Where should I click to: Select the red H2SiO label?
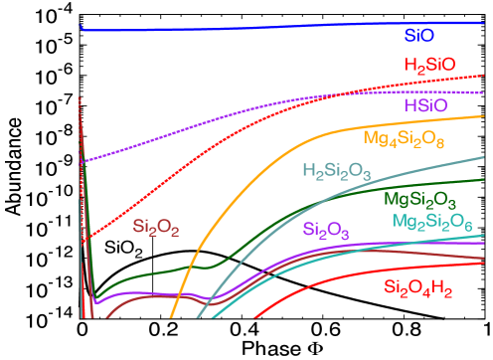coord(430,66)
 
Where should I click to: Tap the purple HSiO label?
coord(425,105)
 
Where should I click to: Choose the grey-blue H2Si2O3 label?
coord(337,171)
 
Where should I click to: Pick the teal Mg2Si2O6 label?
coord(432,222)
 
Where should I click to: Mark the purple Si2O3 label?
coord(326,232)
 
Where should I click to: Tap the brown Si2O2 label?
coord(156,229)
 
